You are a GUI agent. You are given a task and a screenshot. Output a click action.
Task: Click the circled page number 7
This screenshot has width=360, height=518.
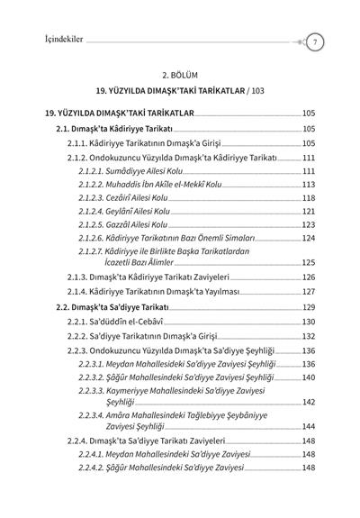coord(316,42)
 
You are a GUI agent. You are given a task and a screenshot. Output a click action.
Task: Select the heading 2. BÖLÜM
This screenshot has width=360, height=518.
coord(179,75)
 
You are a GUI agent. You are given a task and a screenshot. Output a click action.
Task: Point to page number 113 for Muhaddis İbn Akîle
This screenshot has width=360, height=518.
coord(308,184)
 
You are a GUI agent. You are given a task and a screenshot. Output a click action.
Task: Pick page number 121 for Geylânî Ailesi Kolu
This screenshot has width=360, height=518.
coord(308,211)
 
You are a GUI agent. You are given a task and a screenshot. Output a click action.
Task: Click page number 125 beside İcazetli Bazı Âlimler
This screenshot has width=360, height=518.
coord(308,262)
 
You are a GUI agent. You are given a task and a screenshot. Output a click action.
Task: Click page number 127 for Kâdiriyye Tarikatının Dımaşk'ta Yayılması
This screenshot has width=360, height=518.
coord(308,292)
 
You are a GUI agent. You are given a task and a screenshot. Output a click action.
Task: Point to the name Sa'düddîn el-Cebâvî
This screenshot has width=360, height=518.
coord(134,322)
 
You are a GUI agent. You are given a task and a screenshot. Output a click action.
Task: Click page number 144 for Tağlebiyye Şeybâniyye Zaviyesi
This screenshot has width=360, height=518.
coord(308,425)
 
